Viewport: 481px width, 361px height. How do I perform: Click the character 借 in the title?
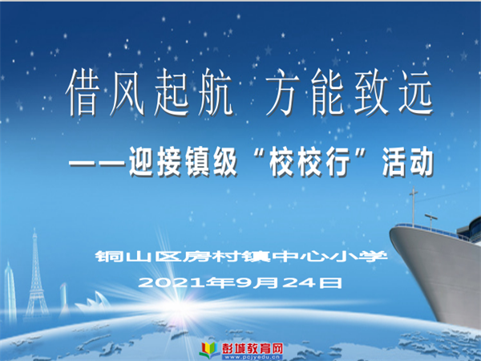83,92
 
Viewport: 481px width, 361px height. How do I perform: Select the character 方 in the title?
282,92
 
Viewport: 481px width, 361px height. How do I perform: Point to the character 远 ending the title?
414,92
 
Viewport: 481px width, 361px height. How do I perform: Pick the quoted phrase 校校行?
309,162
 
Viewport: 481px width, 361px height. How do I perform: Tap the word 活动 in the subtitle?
408,162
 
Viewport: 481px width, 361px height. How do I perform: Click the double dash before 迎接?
97,162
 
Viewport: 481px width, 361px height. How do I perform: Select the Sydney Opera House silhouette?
93,302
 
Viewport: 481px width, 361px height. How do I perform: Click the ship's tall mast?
413,206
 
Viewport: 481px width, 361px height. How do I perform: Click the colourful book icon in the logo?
209,350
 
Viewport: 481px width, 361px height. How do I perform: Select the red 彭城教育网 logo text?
253,348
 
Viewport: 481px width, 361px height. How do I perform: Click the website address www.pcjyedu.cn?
253,357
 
